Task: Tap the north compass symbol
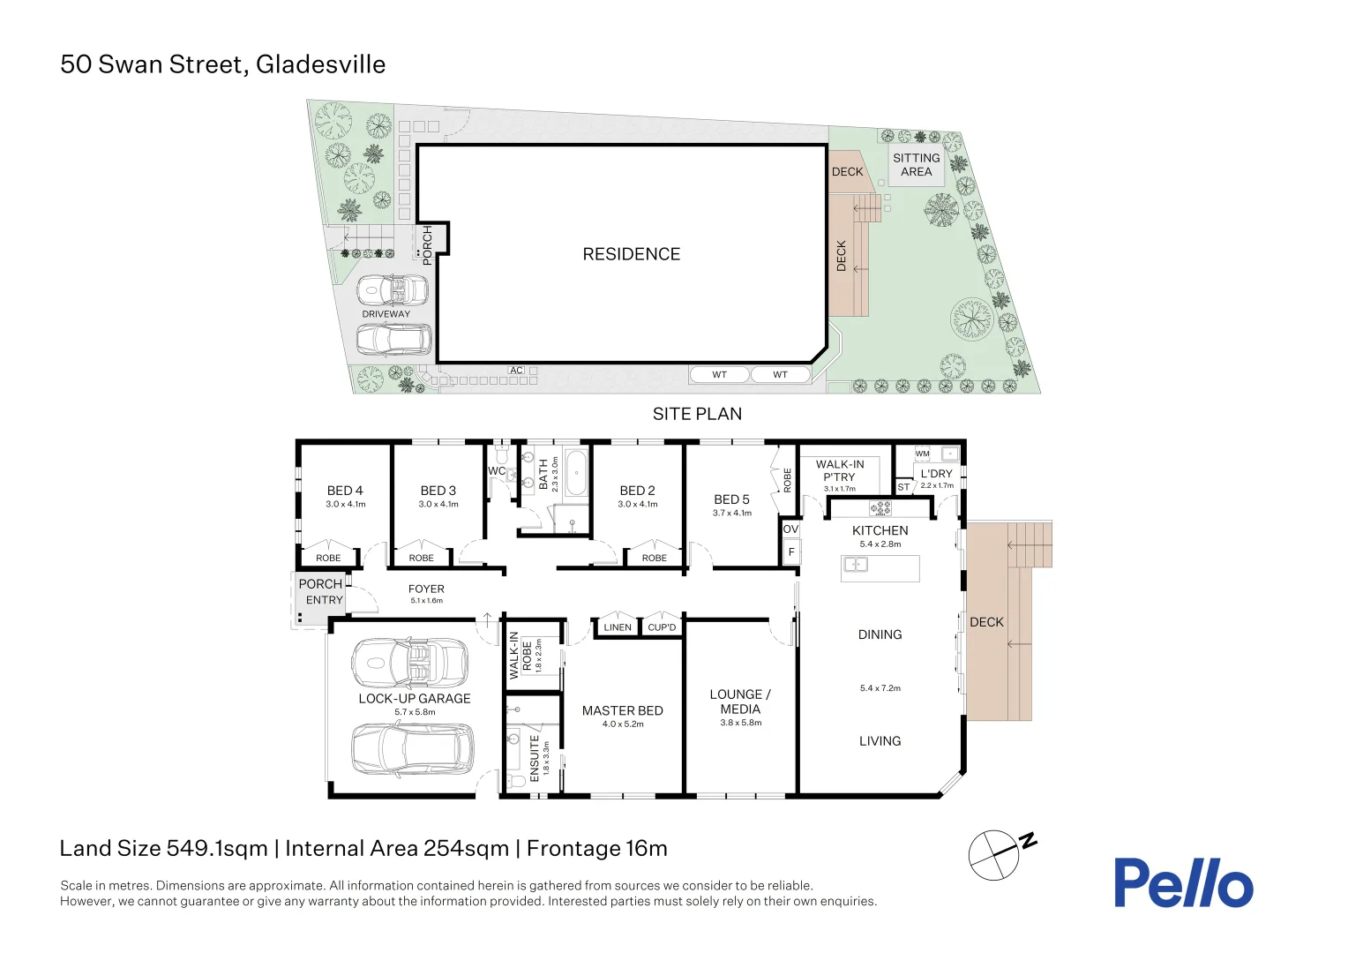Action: [1002, 854]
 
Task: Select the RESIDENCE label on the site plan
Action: [632, 254]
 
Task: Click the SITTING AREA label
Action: [916, 164]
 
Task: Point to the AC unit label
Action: [516, 371]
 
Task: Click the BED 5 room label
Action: [731, 499]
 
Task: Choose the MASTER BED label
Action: [622, 710]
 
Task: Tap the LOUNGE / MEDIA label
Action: [740, 702]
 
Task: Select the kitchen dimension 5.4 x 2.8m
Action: [880, 544]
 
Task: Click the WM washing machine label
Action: [923, 454]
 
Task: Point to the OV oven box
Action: [790, 529]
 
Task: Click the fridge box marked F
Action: [791, 552]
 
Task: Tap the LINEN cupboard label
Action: [618, 627]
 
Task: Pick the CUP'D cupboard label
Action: [662, 627]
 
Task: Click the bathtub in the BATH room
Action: [576, 473]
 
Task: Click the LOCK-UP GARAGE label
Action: [415, 698]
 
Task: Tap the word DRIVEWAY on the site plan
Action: [386, 314]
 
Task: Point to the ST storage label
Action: [903, 487]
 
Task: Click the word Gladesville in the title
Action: [321, 64]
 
